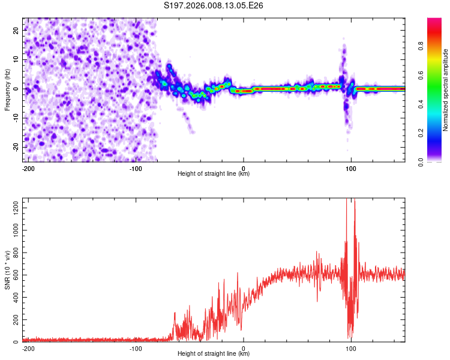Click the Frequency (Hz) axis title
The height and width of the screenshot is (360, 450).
click(7, 89)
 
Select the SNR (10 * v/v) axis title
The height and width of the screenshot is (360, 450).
click(7, 270)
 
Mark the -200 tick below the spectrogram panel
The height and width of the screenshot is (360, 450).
click(28, 168)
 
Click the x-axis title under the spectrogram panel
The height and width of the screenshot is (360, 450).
click(214, 174)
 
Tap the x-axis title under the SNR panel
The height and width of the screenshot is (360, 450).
click(214, 354)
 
